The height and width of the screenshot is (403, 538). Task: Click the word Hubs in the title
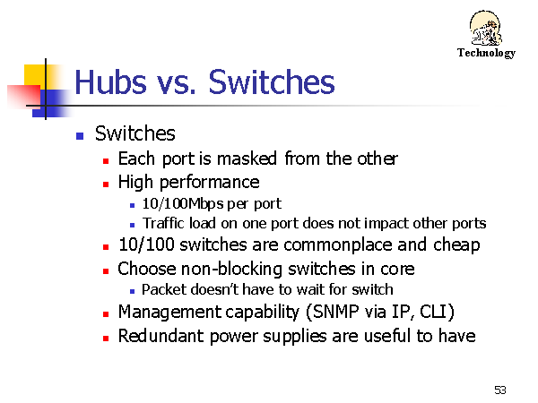[x=110, y=81]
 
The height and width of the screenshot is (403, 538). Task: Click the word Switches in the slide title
[x=272, y=81]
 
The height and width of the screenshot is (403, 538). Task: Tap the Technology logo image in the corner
[x=485, y=28]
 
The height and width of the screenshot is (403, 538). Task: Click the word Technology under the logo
[x=486, y=53]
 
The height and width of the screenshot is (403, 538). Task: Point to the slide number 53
[x=500, y=390]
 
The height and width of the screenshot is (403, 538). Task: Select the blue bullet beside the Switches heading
[x=80, y=136]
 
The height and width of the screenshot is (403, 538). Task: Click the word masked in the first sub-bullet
[x=247, y=159]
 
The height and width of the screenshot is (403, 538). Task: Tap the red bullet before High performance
[x=106, y=184]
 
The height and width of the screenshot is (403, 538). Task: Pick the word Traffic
[x=163, y=223]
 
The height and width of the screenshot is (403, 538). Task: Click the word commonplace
[x=338, y=245]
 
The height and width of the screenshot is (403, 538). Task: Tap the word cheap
[x=456, y=245]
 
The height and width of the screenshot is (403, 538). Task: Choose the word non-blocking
[x=231, y=269]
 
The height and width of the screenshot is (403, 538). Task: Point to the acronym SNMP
[x=336, y=312]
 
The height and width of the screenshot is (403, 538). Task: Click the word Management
[x=169, y=313]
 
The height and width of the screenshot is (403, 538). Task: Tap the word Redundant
[x=161, y=336]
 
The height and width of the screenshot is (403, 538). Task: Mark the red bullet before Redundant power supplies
[x=106, y=339]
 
